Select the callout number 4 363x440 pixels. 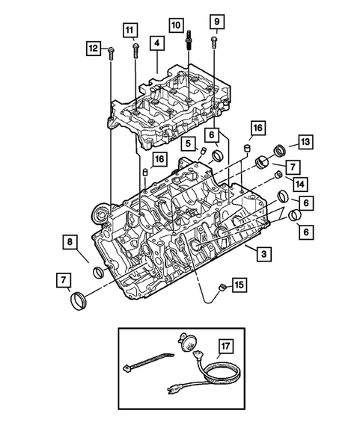click(x=156, y=44)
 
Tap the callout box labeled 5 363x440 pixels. click(x=189, y=143)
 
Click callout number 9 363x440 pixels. click(x=215, y=19)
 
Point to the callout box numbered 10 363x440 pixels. click(x=175, y=25)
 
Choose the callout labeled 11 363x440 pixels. click(x=131, y=31)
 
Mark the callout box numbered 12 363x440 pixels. click(x=93, y=49)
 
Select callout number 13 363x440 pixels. click(x=305, y=142)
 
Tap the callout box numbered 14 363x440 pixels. click(x=299, y=183)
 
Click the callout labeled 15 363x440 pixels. click(x=239, y=285)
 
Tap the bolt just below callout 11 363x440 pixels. click(x=135, y=50)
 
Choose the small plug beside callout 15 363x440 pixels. click(x=221, y=288)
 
